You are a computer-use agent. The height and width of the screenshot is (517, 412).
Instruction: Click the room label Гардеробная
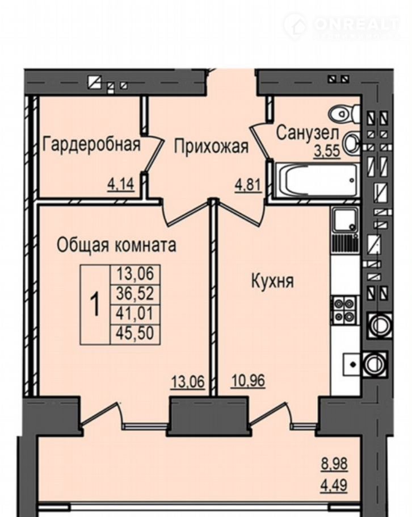pos(91,144)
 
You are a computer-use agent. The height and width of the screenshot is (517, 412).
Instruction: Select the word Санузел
pos(307,133)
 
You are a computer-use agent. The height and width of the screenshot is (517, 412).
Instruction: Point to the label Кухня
pos(272,281)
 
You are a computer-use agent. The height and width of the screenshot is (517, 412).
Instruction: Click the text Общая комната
pos(116,245)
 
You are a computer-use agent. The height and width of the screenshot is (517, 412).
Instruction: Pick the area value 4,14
pos(121,185)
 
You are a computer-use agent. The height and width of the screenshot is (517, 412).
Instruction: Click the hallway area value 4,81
pos(247,185)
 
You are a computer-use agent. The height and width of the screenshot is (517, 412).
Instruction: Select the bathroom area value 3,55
pos(327,152)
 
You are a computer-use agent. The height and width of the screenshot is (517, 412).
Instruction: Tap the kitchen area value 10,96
pos(248,381)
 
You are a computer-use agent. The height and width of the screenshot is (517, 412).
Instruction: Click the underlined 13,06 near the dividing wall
pos(188,382)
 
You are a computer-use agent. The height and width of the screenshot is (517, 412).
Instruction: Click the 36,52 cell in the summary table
pos(136,293)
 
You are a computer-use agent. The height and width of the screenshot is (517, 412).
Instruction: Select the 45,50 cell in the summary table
pos(136,333)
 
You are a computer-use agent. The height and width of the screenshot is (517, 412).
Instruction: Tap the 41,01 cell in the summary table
pos(136,313)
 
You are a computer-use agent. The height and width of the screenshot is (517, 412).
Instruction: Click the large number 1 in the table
pos(95,305)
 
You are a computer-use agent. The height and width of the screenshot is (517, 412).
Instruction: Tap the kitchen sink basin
pos(345,219)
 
